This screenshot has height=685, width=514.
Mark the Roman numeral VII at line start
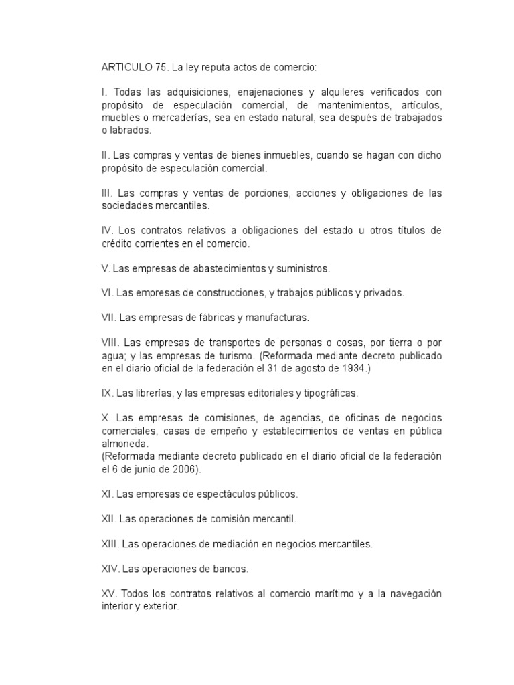pyautogui.click(x=108, y=318)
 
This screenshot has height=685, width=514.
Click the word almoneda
pyautogui.click(x=124, y=443)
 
